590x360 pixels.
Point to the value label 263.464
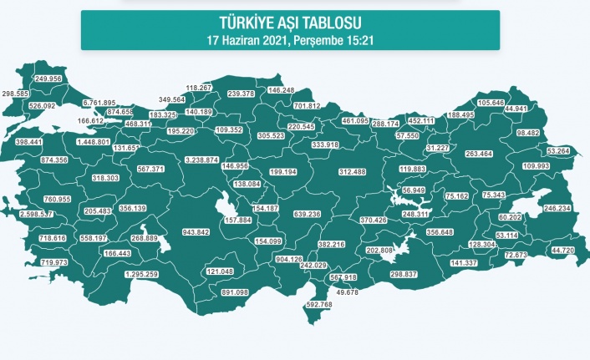(481, 154)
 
